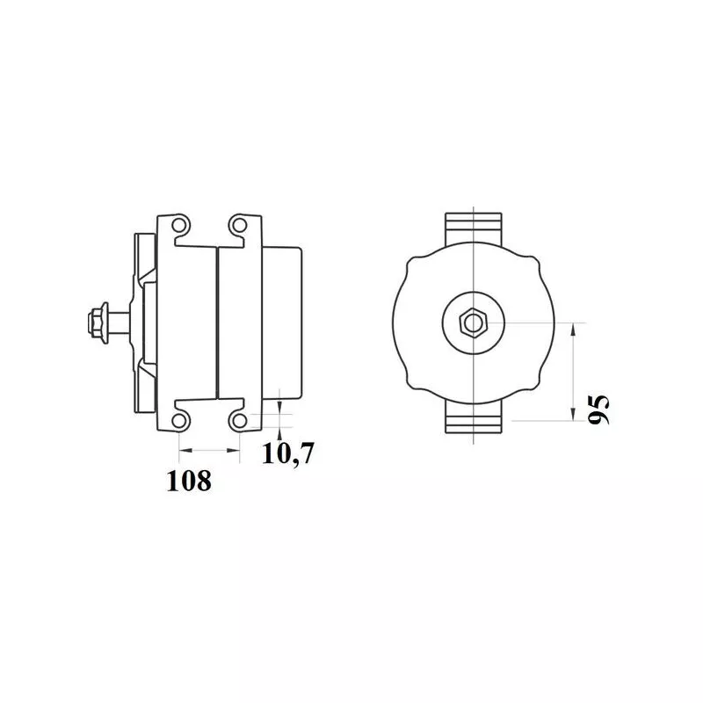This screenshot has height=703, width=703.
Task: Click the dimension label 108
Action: pos(189,481)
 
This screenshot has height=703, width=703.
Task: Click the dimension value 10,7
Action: pos(288,453)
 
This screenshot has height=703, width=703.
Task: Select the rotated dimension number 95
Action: pos(599,409)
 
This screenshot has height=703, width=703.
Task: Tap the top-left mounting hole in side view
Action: pos(179,225)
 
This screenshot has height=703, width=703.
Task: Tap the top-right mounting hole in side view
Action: pos(240,225)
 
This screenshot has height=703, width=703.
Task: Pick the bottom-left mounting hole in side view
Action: pos(179,421)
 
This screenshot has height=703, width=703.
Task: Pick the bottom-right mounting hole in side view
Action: pos(240,421)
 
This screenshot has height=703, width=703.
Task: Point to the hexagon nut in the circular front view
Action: pos(473,323)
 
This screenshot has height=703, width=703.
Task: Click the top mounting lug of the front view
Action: pos(474,228)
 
